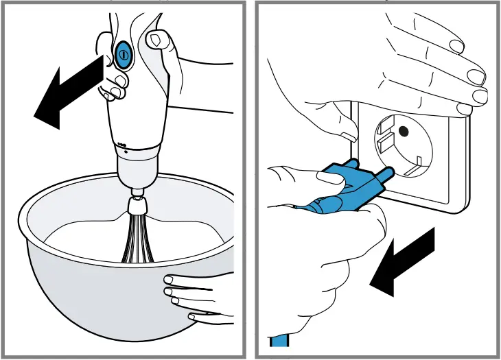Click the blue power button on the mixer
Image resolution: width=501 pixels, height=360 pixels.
tap(124, 54)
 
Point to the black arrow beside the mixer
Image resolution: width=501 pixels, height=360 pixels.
tap(69, 93)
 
